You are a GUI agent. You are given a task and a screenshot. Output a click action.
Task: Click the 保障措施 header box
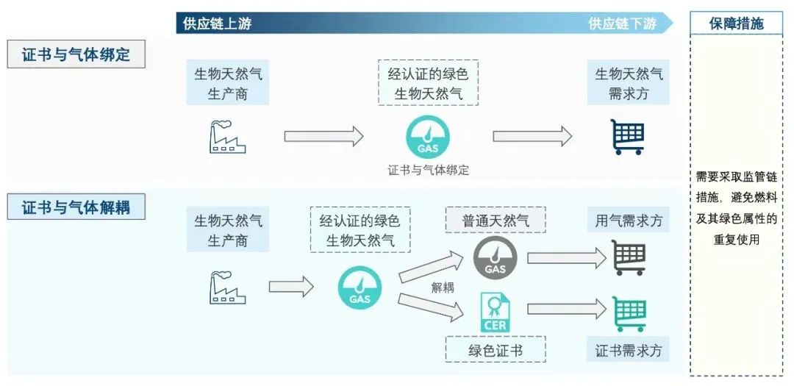(x=736, y=24)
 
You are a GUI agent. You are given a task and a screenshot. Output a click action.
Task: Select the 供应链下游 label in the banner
(x=622, y=24)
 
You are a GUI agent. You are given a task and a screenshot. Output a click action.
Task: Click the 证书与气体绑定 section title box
(x=76, y=55)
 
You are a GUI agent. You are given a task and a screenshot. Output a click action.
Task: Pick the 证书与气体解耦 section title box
(x=76, y=207)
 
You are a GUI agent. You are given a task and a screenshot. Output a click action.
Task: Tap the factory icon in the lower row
(x=227, y=287)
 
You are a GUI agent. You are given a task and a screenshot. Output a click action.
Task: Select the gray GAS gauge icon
(x=495, y=258)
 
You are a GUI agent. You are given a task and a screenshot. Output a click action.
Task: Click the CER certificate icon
(x=495, y=311)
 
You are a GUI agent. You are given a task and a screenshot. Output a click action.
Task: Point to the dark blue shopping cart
(x=628, y=137)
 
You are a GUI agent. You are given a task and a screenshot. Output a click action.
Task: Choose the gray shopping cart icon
(x=629, y=258)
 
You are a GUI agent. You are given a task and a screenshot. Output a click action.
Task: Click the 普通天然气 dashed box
(x=495, y=221)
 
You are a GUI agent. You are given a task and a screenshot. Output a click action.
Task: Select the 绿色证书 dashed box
(x=495, y=350)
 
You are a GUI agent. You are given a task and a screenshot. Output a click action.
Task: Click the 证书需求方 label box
(x=629, y=350)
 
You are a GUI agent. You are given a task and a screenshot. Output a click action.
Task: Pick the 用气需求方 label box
(x=629, y=221)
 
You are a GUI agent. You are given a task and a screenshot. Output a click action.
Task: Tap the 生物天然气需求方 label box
(x=629, y=84)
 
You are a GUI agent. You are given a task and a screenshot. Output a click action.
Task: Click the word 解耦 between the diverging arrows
(x=442, y=287)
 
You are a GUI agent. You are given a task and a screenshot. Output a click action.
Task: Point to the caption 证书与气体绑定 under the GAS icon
(x=428, y=170)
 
